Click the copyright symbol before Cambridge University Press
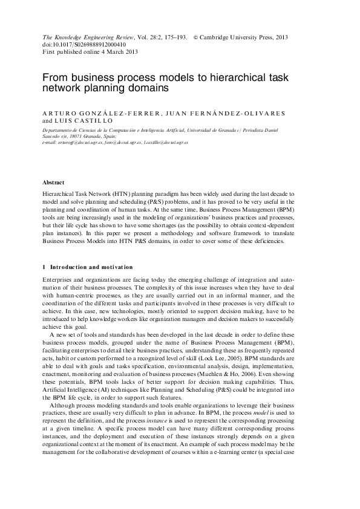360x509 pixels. [195, 37]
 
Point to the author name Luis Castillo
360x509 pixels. [78, 121]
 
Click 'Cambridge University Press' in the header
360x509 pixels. [244, 37]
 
